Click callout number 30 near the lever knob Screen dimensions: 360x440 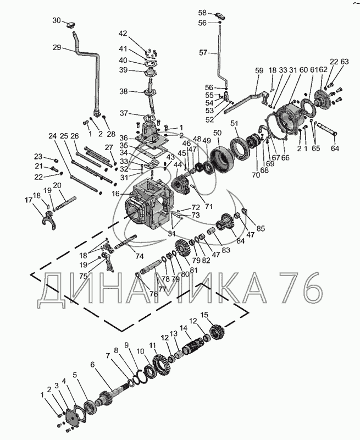[57, 20]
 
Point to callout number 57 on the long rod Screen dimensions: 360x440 [203, 53]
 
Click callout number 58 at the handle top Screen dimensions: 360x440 [202, 12]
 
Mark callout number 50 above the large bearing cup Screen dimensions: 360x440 [217, 133]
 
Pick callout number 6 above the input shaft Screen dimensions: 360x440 [92, 364]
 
